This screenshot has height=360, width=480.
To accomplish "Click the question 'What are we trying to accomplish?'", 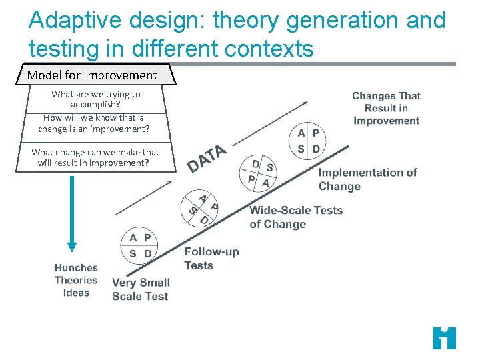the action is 96,99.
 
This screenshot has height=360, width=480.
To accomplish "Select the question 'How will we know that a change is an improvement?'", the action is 93,123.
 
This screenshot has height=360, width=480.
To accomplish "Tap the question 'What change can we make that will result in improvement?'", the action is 95,157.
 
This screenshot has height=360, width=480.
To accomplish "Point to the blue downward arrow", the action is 72,213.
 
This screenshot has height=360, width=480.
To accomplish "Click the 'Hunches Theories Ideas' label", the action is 76,280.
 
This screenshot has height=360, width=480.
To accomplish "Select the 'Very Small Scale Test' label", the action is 141,289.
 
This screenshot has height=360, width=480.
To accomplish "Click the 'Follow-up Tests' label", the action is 211,258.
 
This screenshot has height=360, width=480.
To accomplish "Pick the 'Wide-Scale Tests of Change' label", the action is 295,217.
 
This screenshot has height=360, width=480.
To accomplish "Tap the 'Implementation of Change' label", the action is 367,179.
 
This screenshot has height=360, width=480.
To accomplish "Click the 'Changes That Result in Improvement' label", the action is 386,108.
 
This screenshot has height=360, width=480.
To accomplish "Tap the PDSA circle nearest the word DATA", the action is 258,173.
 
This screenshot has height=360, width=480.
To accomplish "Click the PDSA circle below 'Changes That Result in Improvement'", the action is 308,141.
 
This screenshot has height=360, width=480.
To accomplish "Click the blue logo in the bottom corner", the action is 444,338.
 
